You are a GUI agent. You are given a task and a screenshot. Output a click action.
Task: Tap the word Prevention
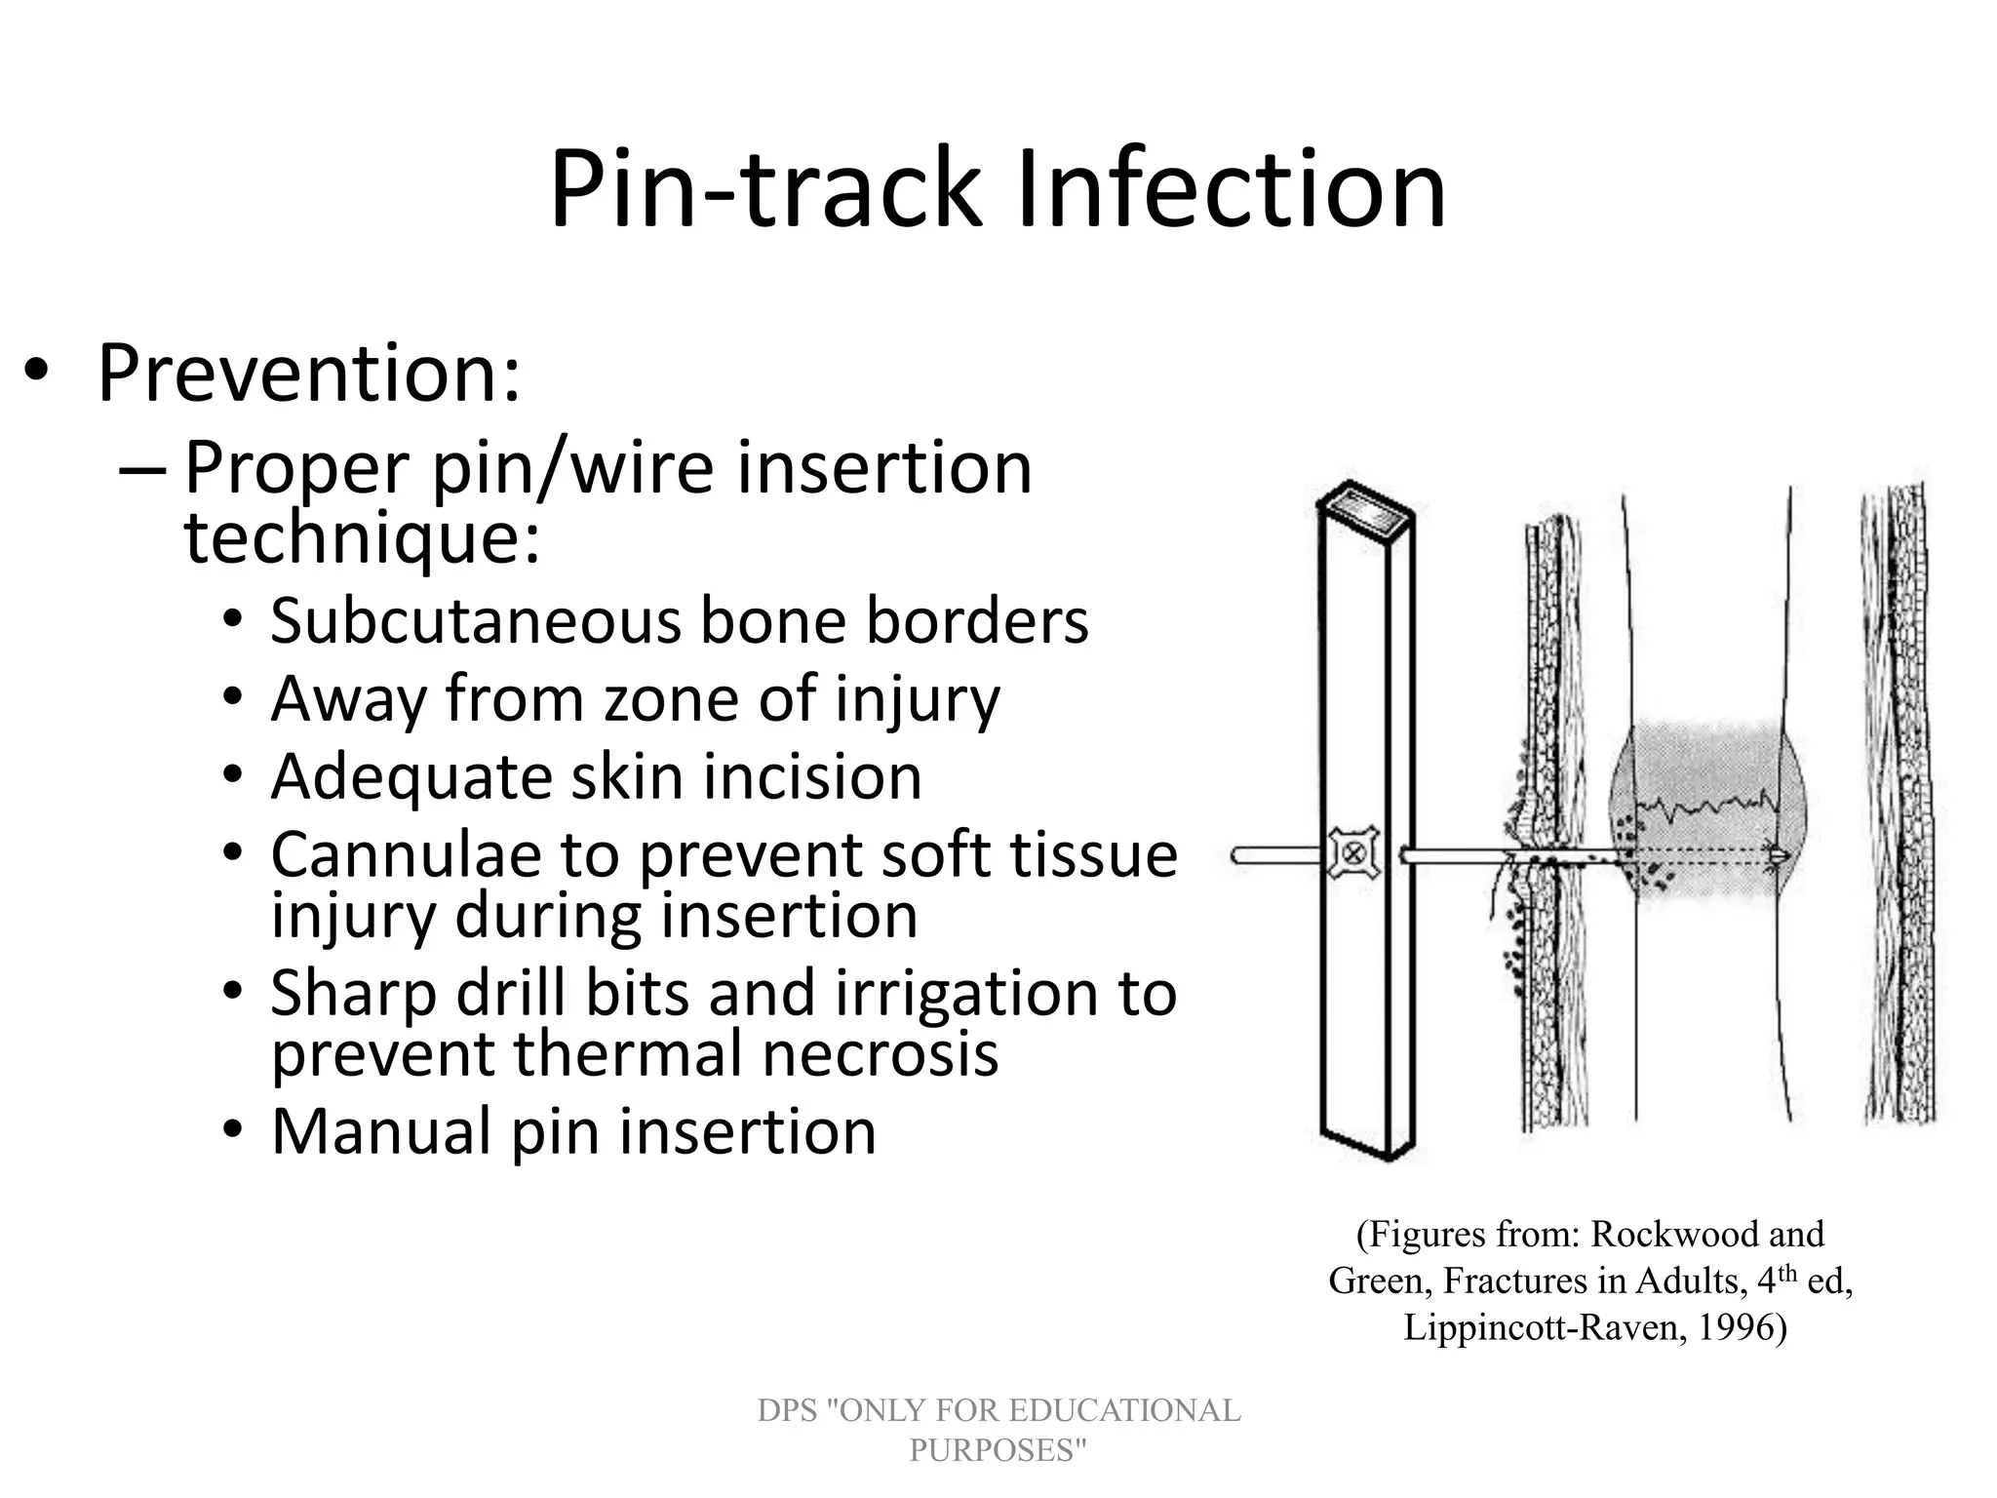[x=309, y=374]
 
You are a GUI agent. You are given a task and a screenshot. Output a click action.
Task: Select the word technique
[x=361, y=538]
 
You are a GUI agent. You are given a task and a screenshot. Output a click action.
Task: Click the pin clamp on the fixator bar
[x=1353, y=854]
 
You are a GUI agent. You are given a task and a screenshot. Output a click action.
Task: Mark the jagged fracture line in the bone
[x=1706, y=807]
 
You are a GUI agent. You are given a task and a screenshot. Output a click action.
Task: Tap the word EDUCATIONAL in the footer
[x=1122, y=1410]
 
